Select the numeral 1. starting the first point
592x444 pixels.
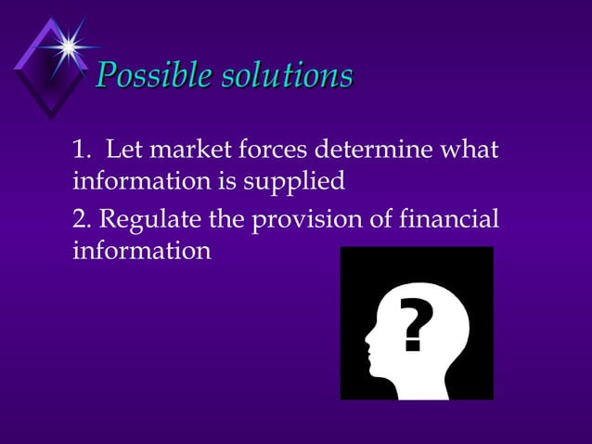pyautogui.click(x=82, y=149)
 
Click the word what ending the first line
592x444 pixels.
pyautogui.click(x=470, y=149)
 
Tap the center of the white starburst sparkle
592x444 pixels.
pyautogui.click(x=67, y=44)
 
